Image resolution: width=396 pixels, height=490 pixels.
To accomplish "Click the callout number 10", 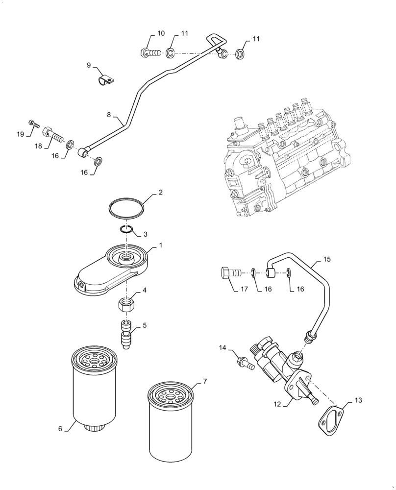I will pos(161,34).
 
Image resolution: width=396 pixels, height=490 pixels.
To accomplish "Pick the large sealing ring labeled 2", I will pos(127,207).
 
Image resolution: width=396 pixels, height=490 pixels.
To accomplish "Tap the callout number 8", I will pos(110,115).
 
